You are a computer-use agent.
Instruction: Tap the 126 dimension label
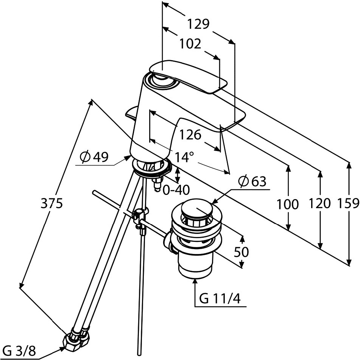(190, 134)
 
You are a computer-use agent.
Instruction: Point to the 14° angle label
(184, 156)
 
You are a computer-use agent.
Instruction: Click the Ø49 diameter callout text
(95, 157)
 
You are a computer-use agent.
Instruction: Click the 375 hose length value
(51, 204)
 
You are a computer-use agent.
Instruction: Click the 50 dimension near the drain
(241, 252)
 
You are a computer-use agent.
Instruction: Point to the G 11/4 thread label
(220, 299)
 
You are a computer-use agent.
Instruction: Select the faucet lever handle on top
(189, 76)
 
